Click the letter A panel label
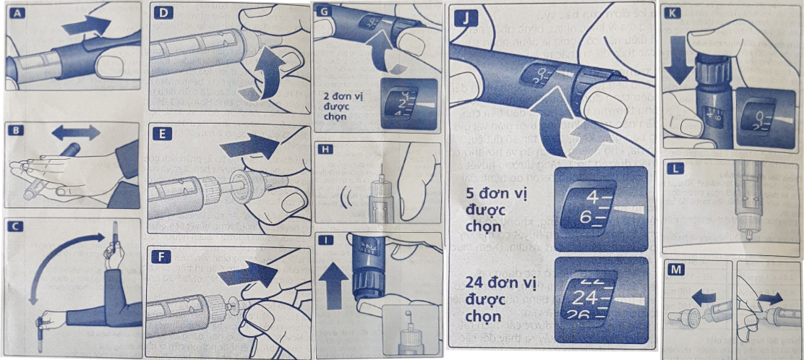pos(15,12)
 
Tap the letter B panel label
pos(15,132)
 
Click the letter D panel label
pos(160,12)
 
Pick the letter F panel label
pos(160,256)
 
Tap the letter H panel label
pos(325,151)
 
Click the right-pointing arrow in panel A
pos(86,26)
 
